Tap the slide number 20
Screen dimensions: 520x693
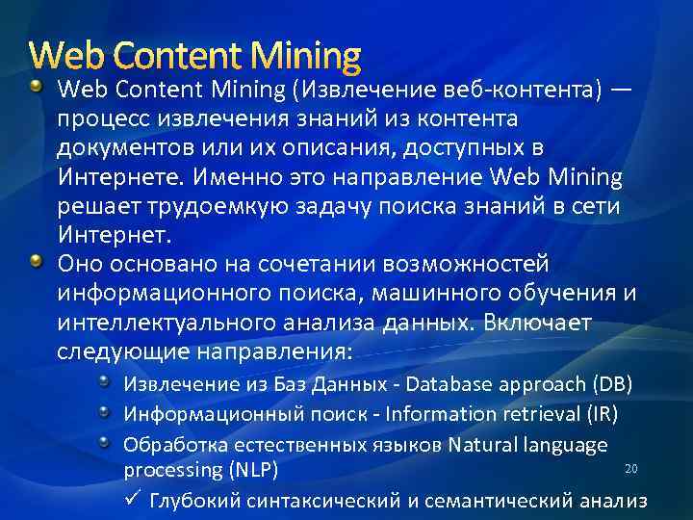pyautogui.click(x=631, y=468)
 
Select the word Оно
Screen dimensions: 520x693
pyautogui.click(x=78, y=264)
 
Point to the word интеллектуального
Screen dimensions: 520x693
pyautogui.click(x=160, y=322)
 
